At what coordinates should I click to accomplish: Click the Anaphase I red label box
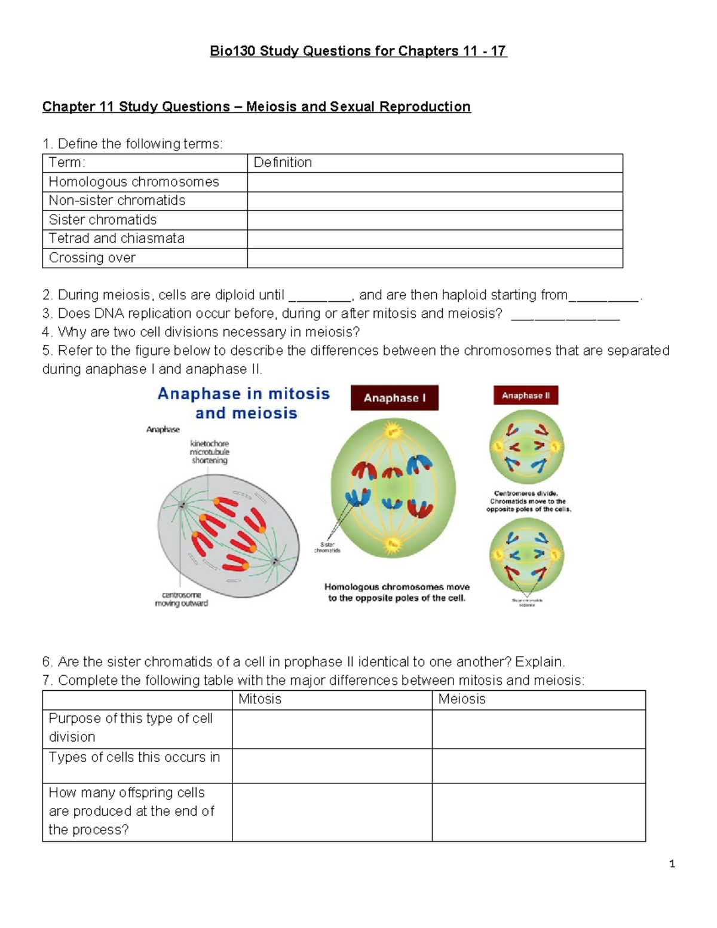394,398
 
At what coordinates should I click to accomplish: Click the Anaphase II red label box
526,396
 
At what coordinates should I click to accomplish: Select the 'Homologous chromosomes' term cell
134,182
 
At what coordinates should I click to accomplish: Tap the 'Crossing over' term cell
92,258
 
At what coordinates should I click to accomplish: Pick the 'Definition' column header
283,163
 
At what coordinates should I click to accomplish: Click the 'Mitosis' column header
260,699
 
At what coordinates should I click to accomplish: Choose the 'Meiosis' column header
462,699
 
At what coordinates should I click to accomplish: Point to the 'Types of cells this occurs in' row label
134,757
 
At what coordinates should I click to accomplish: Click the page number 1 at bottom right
672,863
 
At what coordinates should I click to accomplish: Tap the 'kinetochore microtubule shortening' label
209,452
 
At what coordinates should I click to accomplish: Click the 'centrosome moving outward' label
182,599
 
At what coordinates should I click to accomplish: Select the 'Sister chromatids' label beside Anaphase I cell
327,547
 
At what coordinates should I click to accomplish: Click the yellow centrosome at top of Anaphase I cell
393,431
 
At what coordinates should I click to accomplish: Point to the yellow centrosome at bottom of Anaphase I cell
392,544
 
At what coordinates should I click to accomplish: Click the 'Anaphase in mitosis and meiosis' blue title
244,403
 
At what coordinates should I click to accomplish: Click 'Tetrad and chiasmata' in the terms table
117,238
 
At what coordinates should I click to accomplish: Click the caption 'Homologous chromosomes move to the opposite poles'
397,592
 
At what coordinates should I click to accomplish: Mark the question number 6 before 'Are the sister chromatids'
47,662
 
